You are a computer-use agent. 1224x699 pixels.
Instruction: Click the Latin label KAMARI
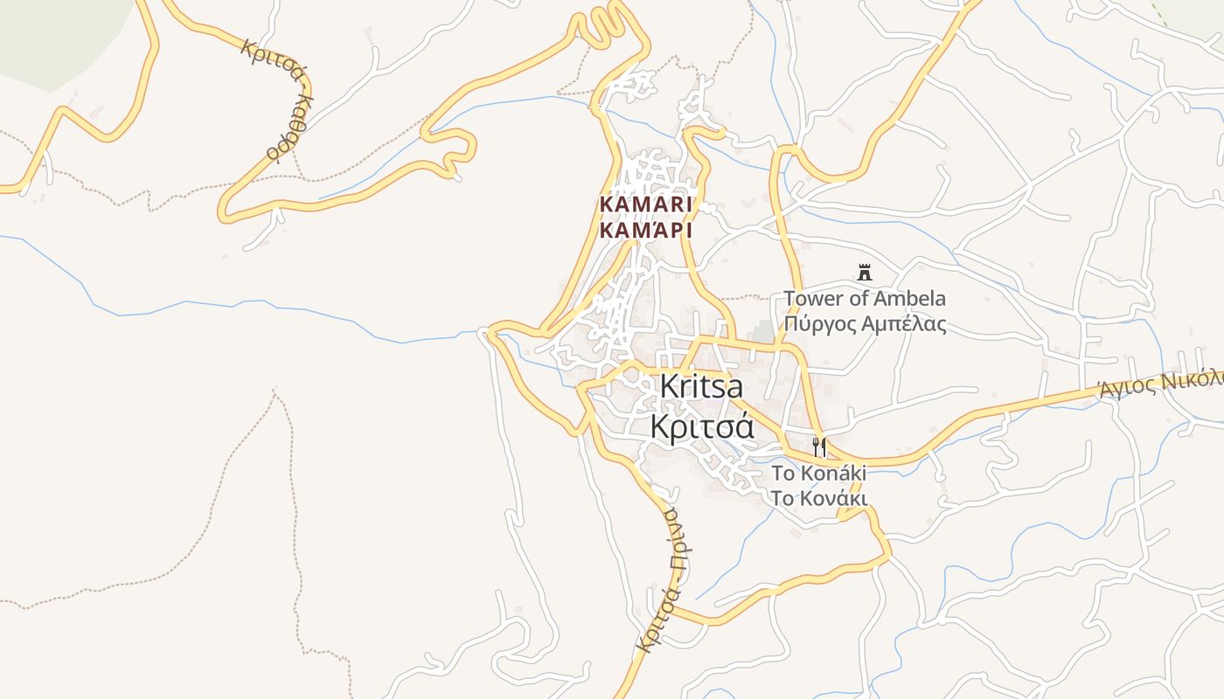pos(646,204)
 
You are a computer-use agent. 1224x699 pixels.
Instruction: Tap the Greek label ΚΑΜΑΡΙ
pos(646,231)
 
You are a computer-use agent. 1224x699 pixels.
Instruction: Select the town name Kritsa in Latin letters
pos(701,386)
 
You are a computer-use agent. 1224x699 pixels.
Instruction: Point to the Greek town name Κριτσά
pos(701,426)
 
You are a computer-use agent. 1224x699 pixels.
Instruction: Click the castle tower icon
pos(865,273)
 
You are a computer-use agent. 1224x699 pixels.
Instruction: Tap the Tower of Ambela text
pos(865,299)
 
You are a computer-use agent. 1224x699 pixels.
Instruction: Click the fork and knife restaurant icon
pos(819,448)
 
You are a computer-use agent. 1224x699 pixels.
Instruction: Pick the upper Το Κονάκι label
pos(818,474)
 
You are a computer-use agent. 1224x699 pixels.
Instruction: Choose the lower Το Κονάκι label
pos(818,498)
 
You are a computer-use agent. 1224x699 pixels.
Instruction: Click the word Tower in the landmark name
pos(812,299)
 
